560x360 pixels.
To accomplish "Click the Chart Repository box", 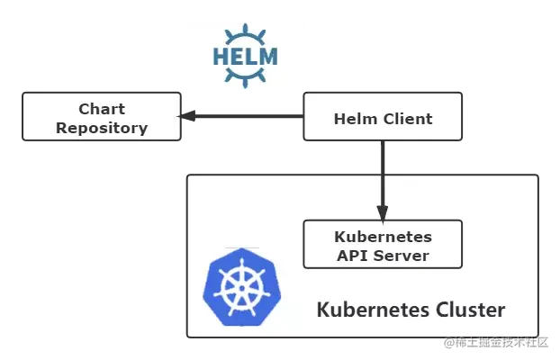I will [102, 118].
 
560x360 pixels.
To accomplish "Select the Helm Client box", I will [383, 119].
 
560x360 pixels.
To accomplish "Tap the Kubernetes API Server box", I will [383, 245].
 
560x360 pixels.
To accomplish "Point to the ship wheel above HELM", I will [245, 36].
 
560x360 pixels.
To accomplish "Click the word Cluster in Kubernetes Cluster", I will [464, 310].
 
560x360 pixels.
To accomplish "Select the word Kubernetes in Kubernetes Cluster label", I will [366, 310].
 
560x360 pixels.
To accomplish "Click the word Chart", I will [102, 109].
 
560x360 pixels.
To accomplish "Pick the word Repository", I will [102, 128].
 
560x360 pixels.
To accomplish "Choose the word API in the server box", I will [351, 256].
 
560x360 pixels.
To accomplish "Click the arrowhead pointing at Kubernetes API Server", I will [383, 214].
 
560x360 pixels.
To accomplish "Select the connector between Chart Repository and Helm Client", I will [243, 115].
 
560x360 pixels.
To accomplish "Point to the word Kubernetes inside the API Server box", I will [383, 238].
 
